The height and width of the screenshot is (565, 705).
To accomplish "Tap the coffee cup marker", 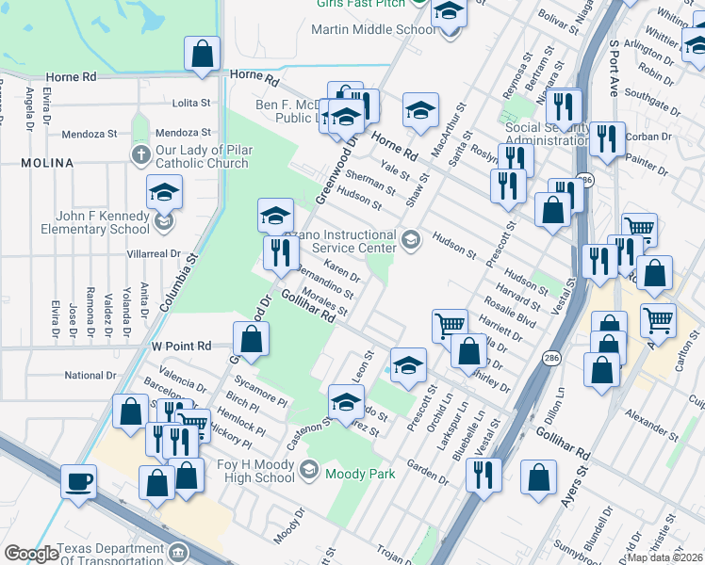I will pos(79,481).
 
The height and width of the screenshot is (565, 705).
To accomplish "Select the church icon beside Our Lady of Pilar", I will pos(141,154).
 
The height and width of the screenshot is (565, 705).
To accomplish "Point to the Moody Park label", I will pos(360,474).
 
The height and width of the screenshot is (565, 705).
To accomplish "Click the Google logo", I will pos(31,554).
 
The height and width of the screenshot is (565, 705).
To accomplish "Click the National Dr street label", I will pos(90,376).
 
